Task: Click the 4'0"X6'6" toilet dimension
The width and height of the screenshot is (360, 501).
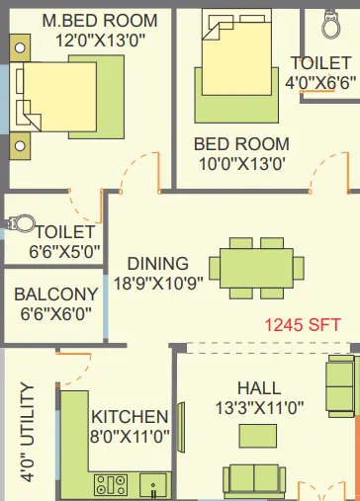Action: tap(320, 82)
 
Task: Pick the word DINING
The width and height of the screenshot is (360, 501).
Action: tap(157, 263)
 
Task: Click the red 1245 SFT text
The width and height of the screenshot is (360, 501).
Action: tap(304, 322)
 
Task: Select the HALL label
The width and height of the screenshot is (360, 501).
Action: tap(258, 387)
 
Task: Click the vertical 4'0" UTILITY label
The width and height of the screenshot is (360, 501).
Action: tap(28, 432)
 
